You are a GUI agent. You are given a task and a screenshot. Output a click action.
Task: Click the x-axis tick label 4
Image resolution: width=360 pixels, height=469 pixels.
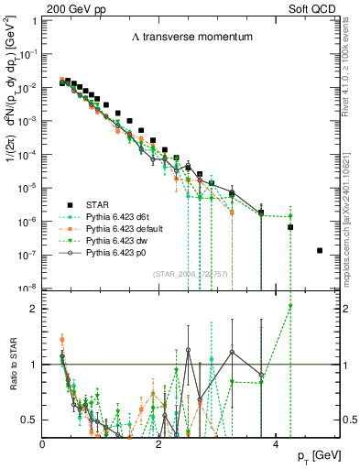(x=276, y=442)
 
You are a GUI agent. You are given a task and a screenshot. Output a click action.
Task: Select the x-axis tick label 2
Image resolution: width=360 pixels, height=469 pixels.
(x=159, y=442)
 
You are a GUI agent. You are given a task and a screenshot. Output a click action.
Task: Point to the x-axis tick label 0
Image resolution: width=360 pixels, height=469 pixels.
(x=43, y=442)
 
